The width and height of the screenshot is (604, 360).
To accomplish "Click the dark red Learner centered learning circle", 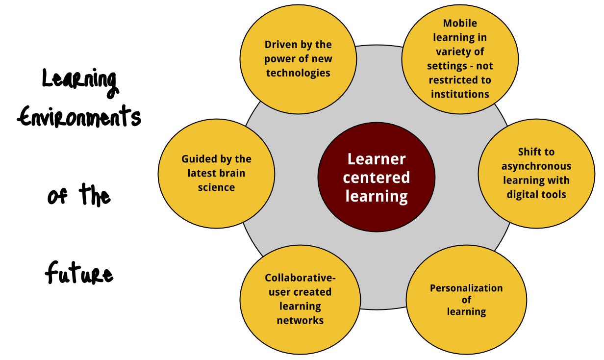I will pyautogui.click(x=376, y=178).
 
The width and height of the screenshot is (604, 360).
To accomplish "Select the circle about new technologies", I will pyautogui.click(x=298, y=59).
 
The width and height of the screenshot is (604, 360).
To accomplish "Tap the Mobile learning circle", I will pyautogui.click(x=459, y=58).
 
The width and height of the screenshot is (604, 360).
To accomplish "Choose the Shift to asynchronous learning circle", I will pyautogui.click(x=536, y=173).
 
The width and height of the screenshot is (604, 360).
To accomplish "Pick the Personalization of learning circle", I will pyautogui.click(x=466, y=299).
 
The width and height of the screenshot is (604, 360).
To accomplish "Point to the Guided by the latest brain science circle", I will pyautogui.click(x=216, y=173).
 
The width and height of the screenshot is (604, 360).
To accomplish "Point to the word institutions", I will pyautogui.click(x=460, y=94).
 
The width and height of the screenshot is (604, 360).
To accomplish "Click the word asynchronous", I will pyautogui.click(x=536, y=166).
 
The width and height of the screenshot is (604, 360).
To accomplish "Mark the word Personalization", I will pyautogui.click(x=466, y=288).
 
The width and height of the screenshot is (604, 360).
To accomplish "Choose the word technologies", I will pyautogui.click(x=298, y=73).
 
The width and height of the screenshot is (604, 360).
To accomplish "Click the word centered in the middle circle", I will pyautogui.click(x=377, y=178).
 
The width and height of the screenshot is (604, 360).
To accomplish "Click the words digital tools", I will pyautogui.click(x=536, y=194).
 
